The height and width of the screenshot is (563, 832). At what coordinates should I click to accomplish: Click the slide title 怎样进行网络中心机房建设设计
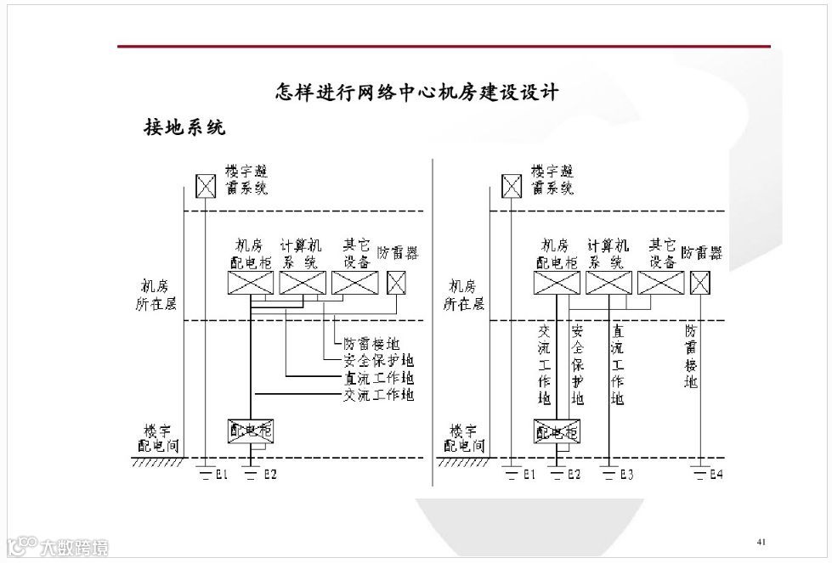(417, 92)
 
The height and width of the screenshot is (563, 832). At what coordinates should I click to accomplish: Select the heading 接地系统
(184, 128)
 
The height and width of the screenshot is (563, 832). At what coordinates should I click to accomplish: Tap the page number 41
(761, 541)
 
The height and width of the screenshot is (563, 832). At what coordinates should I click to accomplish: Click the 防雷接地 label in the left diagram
(371, 344)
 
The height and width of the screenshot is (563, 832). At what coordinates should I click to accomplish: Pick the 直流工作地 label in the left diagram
(378, 378)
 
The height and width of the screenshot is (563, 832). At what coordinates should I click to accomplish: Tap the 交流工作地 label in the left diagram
(378, 395)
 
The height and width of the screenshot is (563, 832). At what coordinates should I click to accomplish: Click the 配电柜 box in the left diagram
(251, 431)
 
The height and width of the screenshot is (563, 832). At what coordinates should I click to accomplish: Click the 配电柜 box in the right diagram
(556, 431)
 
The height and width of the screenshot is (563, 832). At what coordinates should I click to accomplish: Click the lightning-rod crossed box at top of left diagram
(205, 185)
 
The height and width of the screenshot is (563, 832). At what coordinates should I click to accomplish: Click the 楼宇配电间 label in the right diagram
(463, 438)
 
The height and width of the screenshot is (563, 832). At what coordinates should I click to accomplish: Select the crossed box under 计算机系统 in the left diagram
(303, 283)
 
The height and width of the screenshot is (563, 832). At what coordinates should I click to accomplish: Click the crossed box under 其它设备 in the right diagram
(660, 283)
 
